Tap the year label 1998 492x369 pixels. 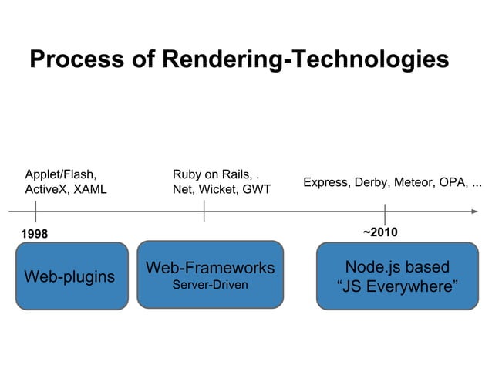34,233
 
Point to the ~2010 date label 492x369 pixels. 379,232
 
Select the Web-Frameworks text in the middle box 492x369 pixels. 210,268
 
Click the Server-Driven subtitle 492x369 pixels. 210,285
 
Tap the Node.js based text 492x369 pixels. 396,267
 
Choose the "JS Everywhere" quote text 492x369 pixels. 397,288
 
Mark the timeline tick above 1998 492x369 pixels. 35,211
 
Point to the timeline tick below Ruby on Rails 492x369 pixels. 204,211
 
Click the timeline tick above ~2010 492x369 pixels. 384,214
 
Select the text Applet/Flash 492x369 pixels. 61,174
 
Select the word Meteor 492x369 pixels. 414,183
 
